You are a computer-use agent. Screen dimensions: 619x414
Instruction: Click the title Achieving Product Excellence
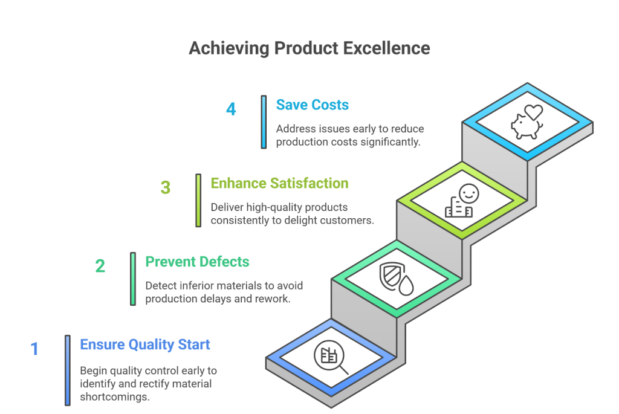(309, 48)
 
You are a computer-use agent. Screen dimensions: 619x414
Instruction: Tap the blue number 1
(34, 349)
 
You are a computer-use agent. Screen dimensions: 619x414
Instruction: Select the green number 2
(100, 266)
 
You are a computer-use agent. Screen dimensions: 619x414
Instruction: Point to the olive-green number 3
(166, 187)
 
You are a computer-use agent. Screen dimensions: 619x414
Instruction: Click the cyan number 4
(231, 109)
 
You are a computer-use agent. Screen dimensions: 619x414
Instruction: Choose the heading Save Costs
(313, 105)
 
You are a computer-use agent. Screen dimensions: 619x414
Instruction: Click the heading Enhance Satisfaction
(279, 184)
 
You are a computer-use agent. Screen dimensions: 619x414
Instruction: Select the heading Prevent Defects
(198, 262)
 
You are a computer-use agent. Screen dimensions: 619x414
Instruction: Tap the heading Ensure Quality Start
(145, 344)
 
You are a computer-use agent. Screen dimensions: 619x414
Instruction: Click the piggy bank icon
(526, 126)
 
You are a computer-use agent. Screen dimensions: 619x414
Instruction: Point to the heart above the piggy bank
(534, 112)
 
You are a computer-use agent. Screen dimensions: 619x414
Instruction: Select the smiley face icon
(469, 194)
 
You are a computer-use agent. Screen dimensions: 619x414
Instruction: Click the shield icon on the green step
(392, 275)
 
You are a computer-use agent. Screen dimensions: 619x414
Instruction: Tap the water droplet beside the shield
(406, 285)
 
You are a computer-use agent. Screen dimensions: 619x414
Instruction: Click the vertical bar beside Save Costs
(264, 122)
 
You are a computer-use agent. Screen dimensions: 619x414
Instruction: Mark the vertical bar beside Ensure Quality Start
(68, 370)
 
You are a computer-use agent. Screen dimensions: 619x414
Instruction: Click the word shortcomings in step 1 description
(114, 396)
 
